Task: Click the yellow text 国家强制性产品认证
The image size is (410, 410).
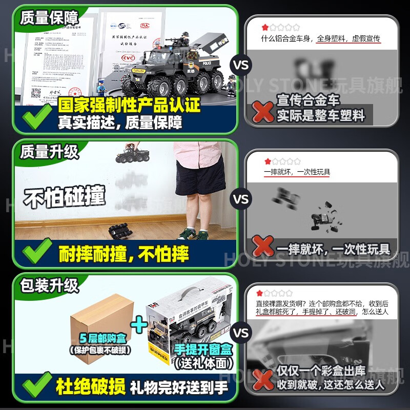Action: (129, 105)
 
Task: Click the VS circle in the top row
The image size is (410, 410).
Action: (241, 66)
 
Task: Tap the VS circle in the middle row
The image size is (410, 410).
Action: (241, 199)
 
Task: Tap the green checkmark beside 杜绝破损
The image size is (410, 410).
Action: (34, 385)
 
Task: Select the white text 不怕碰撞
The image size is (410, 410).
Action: (65, 197)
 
